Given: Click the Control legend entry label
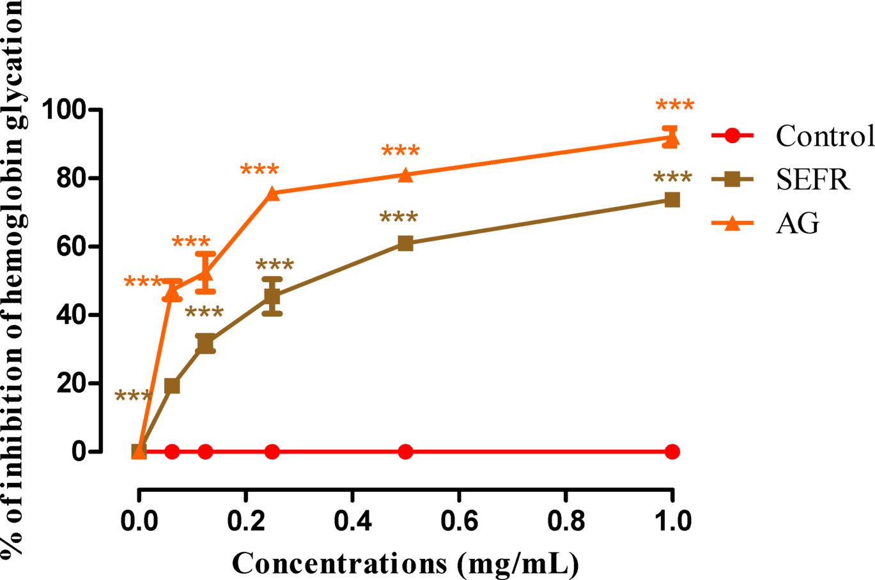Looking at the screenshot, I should coord(825,136).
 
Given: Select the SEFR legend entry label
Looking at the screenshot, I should coord(813,180).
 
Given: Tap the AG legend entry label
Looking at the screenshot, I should coord(797,224).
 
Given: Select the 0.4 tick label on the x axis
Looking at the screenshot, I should coord(352,521).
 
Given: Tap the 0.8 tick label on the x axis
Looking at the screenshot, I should coord(566,521).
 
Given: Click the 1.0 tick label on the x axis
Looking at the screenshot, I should coord(672,521).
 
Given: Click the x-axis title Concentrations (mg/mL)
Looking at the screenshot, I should coord(405,563).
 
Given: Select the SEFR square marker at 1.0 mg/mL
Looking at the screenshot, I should coord(672,200).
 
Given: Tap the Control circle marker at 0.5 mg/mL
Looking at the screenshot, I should coord(405,452).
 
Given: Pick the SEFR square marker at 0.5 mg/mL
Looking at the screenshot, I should coord(405,243).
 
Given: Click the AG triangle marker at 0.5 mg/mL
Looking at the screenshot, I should coord(405,175).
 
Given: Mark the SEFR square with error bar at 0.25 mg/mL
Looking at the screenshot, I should coord(272,296).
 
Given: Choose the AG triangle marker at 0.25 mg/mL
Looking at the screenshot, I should coord(272,194).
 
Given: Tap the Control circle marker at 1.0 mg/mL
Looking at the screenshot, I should coord(672,452).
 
